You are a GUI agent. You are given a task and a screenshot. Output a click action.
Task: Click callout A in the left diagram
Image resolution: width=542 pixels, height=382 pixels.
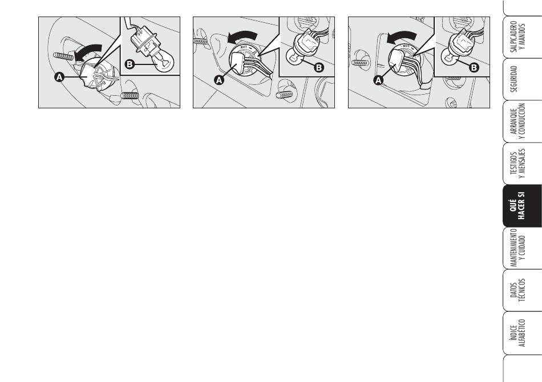tap(59, 77)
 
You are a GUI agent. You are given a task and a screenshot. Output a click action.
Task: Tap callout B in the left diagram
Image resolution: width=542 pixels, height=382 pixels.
tap(130, 64)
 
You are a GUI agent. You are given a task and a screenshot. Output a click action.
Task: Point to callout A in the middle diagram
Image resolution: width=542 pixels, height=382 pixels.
tap(219, 80)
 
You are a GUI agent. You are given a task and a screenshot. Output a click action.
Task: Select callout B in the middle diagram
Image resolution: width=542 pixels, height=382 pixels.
tap(319, 67)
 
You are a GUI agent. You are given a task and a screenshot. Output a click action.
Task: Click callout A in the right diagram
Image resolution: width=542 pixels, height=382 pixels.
tap(378, 80)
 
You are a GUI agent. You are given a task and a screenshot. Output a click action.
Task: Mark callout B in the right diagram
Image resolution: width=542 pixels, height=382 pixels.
tap(474, 67)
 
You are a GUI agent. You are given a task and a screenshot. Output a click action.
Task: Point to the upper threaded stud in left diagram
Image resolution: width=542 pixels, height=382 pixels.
tap(64, 56)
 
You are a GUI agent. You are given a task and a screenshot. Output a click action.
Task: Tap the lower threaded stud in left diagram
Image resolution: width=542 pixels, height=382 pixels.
tap(130, 95)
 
